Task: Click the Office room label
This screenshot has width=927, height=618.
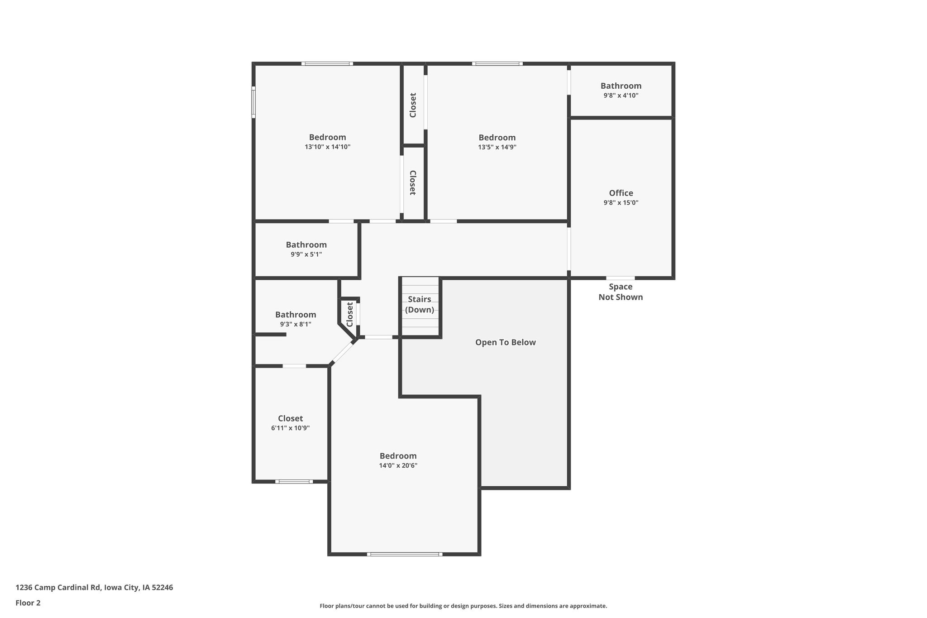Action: [621, 193]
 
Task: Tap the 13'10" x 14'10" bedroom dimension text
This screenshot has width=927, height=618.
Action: [328, 147]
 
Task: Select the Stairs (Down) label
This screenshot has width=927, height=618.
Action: [420, 305]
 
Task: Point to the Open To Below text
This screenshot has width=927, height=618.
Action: [505, 343]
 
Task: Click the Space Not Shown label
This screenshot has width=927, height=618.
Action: [621, 292]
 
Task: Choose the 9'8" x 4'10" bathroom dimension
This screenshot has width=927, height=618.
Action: [621, 96]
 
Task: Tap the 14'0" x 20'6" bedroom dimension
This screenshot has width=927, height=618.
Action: [398, 465]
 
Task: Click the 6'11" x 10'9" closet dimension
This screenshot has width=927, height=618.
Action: [291, 428]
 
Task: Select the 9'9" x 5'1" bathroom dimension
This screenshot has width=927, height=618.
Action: [306, 254]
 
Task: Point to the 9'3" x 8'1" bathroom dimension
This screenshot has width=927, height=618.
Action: [296, 324]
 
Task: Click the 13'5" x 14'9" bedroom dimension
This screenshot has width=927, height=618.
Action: [497, 147]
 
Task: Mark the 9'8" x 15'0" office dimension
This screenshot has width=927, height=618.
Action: [621, 203]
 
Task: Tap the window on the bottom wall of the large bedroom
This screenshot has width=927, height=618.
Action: [405, 554]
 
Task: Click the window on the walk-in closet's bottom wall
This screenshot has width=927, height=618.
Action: [294, 481]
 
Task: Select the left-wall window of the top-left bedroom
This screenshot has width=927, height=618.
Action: [253, 102]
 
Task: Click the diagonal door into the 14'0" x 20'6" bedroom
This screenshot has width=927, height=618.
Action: [343, 353]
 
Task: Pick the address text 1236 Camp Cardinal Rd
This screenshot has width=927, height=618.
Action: [58, 588]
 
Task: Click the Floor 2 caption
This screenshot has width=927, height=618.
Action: [28, 603]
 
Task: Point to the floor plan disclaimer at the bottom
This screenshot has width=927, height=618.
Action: [463, 606]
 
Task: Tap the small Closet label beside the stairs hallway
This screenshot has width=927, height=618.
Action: [349, 314]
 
